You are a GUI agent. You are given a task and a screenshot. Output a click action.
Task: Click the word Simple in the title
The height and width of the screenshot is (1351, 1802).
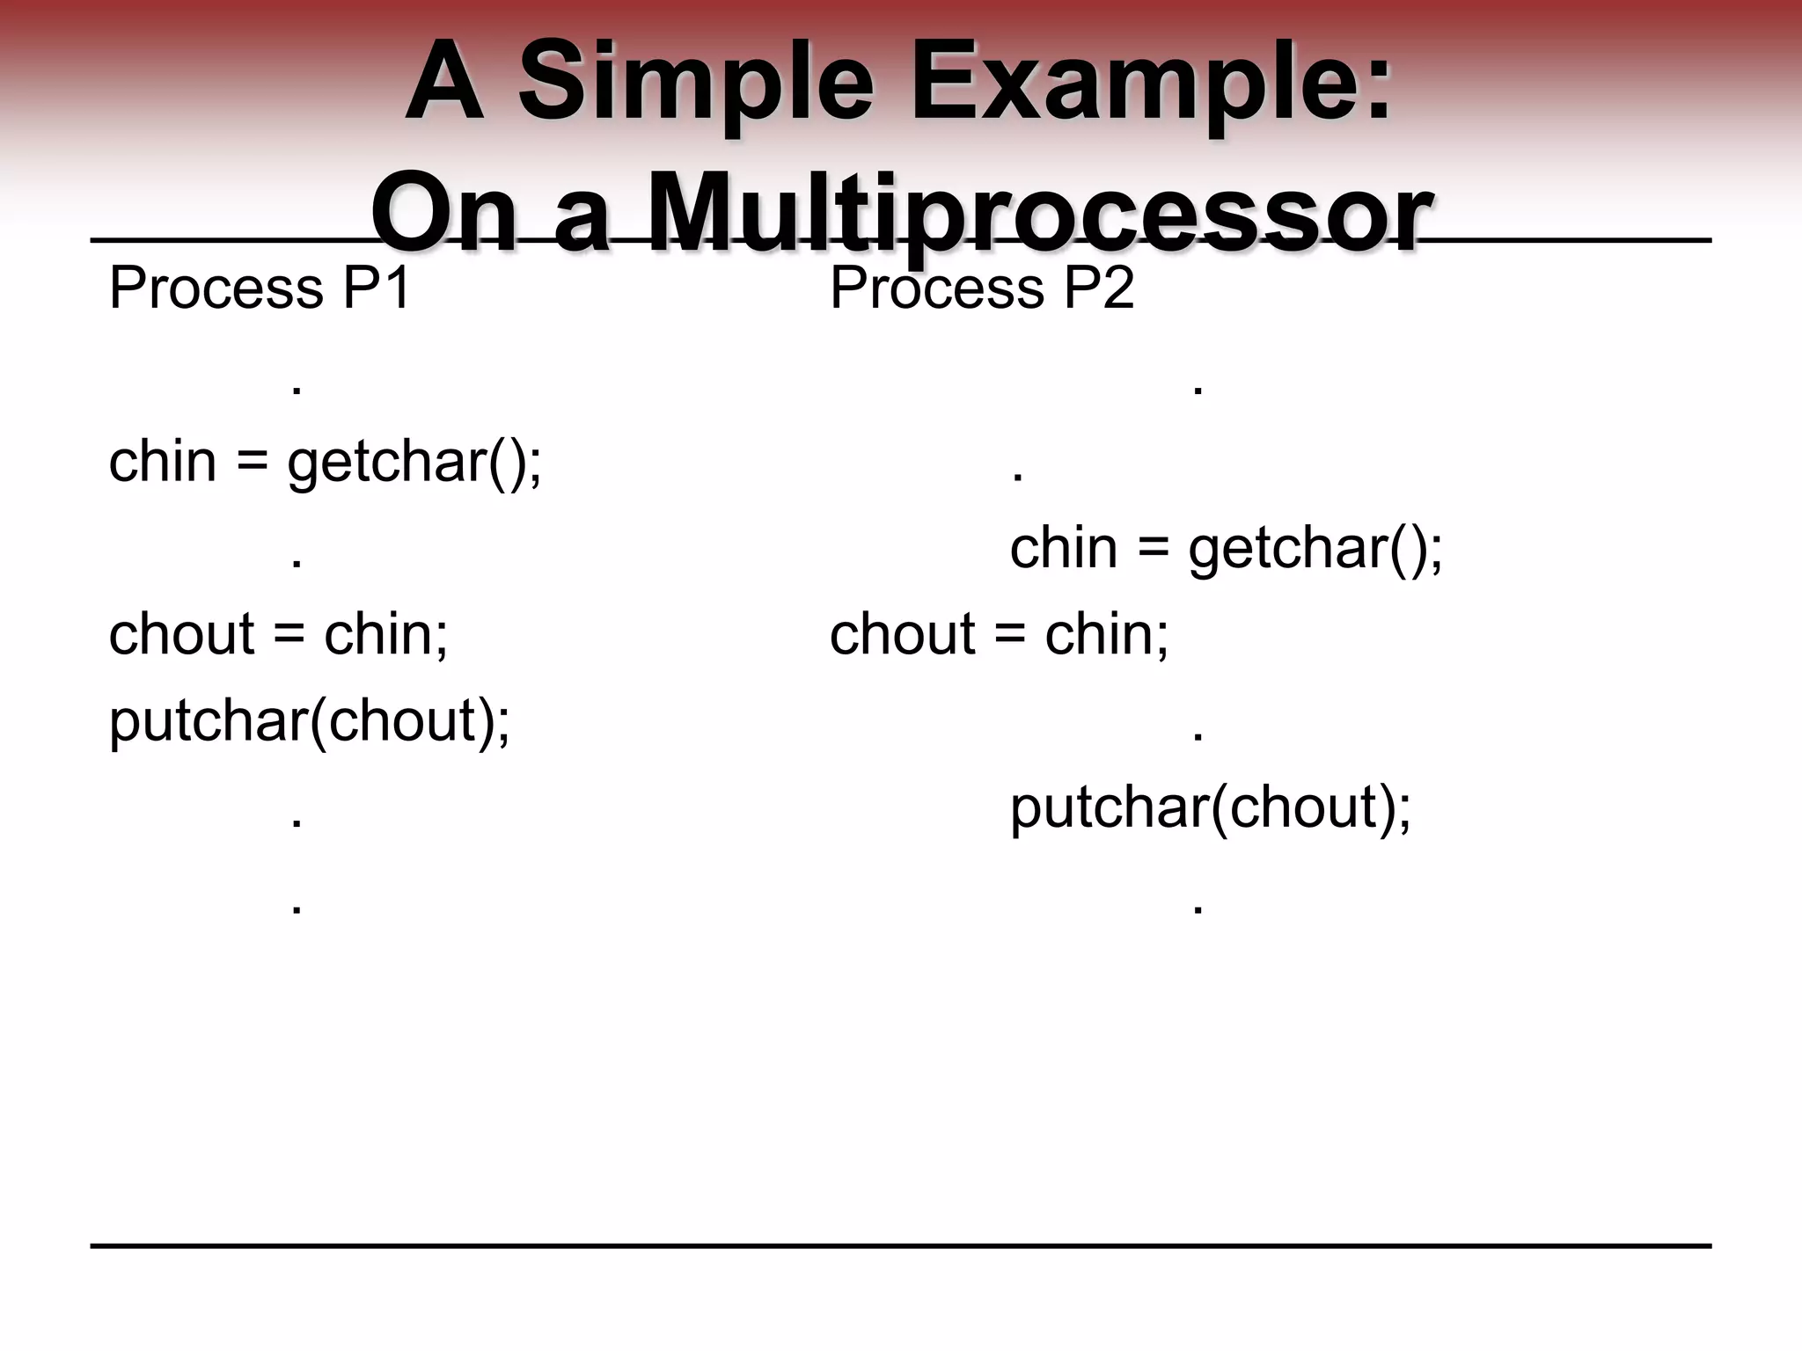(x=696, y=85)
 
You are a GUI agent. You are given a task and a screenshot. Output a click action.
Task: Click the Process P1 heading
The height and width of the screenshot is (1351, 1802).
(x=260, y=288)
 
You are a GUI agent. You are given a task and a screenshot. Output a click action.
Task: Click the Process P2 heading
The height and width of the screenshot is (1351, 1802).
(x=982, y=288)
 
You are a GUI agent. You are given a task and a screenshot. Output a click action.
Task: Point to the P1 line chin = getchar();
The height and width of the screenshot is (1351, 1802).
(x=326, y=462)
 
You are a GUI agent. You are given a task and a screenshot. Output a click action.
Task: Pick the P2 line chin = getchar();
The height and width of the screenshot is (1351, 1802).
(x=1226, y=548)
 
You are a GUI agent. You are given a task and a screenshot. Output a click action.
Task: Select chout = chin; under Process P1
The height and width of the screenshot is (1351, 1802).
(x=278, y=634)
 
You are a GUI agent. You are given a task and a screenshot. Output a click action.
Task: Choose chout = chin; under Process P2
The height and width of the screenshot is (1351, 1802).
(x=999, y=634)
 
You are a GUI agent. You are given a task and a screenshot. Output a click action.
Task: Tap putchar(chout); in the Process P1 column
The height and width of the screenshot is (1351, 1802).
(x=309, y=721)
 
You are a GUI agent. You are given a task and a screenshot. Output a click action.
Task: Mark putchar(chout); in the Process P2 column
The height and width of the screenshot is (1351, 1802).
(x=1210, y=807)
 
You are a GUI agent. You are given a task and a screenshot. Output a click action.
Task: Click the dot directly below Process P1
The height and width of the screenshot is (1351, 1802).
(x=297, y=391)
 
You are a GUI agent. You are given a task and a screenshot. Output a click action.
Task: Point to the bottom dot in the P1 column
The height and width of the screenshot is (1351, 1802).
(x=297, y=910)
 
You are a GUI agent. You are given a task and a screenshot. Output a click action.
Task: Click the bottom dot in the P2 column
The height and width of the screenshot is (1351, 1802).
(x=1198, y=910)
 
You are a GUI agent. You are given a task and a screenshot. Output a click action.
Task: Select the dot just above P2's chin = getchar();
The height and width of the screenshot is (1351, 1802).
(x=1018, y=478)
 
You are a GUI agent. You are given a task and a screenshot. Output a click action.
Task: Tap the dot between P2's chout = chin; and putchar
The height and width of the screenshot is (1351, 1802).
(x=1198, y=737)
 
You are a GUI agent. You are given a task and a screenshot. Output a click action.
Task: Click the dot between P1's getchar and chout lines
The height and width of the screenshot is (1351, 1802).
(x=297, y=564)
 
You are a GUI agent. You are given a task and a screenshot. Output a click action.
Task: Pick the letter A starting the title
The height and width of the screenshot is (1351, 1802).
(x=443, y=85)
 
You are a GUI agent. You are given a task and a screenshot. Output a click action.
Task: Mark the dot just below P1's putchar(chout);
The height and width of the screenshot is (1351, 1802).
(x=297, y=824)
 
